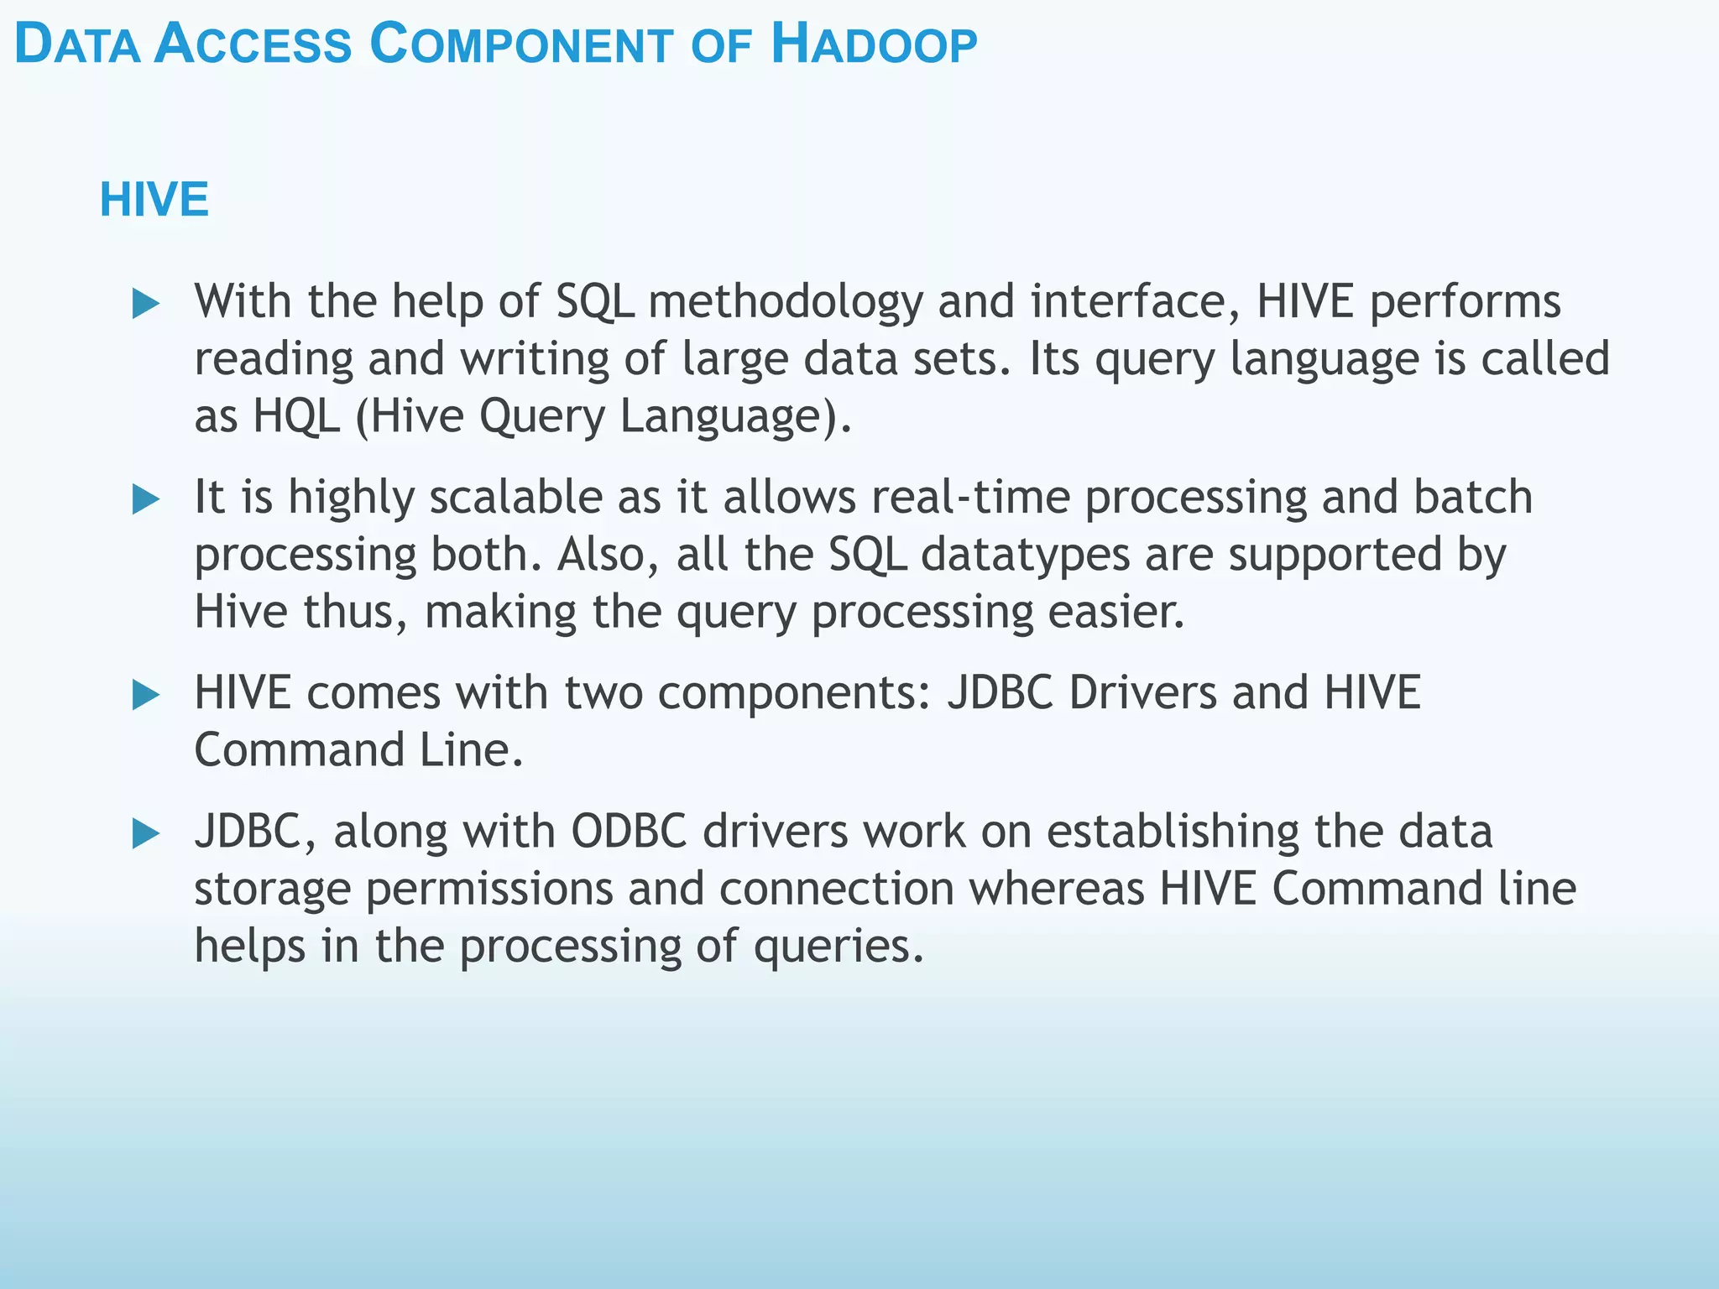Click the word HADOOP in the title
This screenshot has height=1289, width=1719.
(x=874, y=45)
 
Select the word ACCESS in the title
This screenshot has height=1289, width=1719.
(x=253, y=45)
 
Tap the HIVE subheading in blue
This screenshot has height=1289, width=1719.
(x=154, y=200)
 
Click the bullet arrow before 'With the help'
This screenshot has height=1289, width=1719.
(x=146, y=303)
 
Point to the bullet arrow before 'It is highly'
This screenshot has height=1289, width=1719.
(x=146, y=499)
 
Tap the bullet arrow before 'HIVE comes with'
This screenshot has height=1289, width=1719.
(x=146, y=695)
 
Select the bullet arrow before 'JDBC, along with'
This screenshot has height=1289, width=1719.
(x=146, y=833)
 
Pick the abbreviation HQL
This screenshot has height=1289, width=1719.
(x=296, y=415)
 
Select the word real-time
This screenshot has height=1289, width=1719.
(x=970, y=497)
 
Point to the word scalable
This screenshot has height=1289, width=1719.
(x=515, y=497)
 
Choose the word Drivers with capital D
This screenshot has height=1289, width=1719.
(x=1142, y=693)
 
